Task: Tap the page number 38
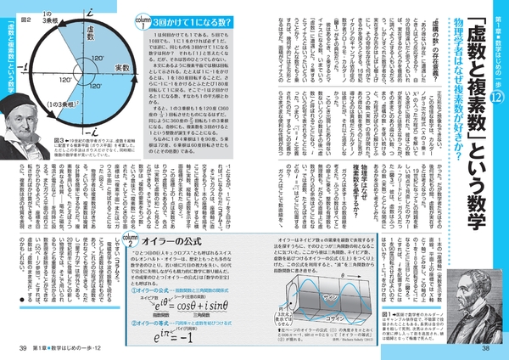pos(486,348)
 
